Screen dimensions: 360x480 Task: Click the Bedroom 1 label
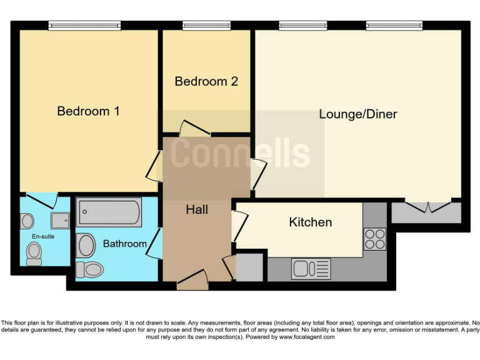coord(88,111)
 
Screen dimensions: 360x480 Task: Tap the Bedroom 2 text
coord(206,81)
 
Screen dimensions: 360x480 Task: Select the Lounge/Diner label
coord(358,114)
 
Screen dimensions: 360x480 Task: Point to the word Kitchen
coord(310,222)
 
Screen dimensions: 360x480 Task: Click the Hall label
coord(197,210)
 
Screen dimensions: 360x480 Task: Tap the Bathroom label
coord(125,243)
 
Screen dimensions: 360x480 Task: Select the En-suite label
coord(42,236)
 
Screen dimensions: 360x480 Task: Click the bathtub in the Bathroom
coord(109,213)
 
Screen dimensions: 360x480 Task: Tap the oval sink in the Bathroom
coord(86,246)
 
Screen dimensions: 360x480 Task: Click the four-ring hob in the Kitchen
coord(374,238)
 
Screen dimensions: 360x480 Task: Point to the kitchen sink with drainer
coord(311,269)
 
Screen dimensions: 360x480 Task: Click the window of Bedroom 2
coord(206,26)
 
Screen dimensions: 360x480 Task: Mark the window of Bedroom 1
coord(84,26)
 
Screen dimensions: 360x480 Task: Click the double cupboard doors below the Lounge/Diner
coord(427,207)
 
